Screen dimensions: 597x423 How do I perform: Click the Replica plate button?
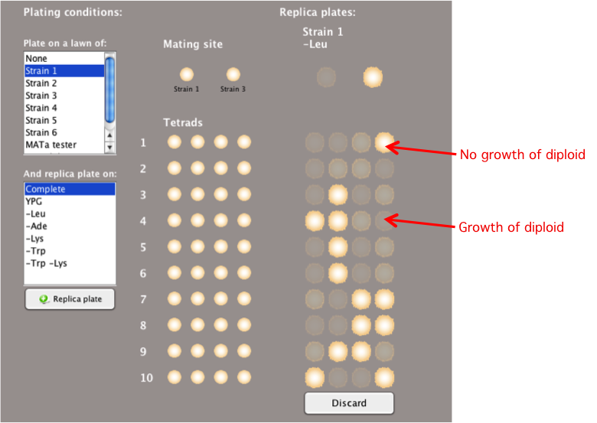click(x=70, y=299)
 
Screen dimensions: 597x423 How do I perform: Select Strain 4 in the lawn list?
click(x=41, y=108)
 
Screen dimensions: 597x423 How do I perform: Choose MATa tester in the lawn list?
click(x=51, y=145)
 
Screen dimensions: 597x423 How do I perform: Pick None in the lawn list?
click(x=36, y=59)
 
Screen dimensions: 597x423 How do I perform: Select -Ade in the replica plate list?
click(x=36, y=226)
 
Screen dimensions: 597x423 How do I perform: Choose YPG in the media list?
click(x=34, y=202)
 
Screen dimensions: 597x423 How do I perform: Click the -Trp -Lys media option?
click(x=46, y=263)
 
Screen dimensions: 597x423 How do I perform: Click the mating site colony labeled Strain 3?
click(x=233, y=74)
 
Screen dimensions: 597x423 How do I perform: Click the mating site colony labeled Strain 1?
click(x=187, y=74)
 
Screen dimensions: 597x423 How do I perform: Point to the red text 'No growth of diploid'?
click(x=522, y=155)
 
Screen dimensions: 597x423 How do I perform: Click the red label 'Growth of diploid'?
click(x=511, y=227)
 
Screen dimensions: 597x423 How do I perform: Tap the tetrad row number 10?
click(x=147, y=378)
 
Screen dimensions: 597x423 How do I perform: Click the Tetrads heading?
click(x=183, y=122)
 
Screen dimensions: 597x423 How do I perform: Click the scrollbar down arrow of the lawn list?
click(x=109, y=147)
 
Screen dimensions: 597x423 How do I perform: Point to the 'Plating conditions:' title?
click(x=73, y=12)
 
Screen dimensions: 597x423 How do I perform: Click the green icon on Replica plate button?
click(x=44, y=299)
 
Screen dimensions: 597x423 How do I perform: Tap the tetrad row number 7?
click(x=143, y=299)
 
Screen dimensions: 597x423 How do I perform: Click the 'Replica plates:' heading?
click(x=318, y=12)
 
